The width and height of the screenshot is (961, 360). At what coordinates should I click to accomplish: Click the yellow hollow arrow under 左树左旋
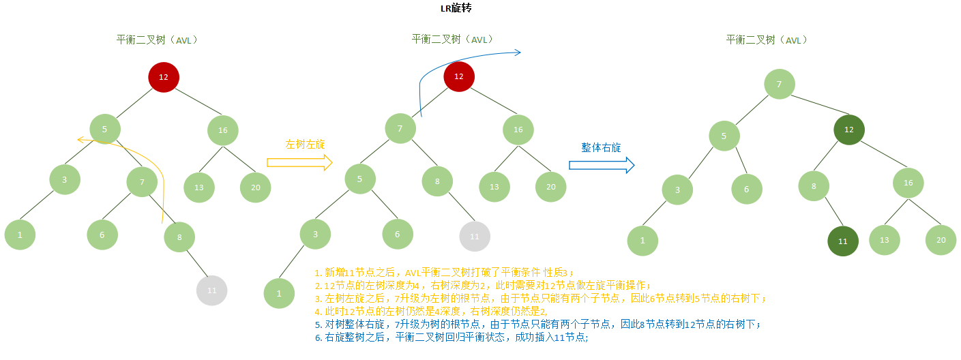(299, 162)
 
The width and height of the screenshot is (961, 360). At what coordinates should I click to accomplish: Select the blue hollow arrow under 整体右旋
(602, 164)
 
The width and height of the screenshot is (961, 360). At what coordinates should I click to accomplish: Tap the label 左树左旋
(305, 144)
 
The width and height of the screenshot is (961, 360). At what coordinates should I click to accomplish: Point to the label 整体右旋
(601, 147)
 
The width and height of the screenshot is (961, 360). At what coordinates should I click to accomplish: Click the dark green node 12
(848, 129)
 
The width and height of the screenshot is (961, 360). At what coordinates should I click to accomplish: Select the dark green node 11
(842, 241)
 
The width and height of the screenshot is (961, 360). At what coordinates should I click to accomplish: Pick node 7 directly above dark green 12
(779, 84)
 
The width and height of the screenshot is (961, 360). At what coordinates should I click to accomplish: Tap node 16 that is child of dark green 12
(908, 183)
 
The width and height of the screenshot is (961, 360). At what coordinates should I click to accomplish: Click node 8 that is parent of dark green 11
(814, 185)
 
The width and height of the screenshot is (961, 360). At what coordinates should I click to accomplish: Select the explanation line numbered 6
(451, 337)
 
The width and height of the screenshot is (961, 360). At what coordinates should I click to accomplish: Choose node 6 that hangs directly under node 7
(102, 235)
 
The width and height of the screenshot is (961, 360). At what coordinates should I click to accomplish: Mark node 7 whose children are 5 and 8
(400, 128)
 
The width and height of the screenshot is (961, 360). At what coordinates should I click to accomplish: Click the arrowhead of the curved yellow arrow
(79, 140)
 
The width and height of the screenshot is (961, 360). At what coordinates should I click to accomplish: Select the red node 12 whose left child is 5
(164, 76)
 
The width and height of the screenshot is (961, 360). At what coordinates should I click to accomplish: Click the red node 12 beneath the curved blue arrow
(458, 76)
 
